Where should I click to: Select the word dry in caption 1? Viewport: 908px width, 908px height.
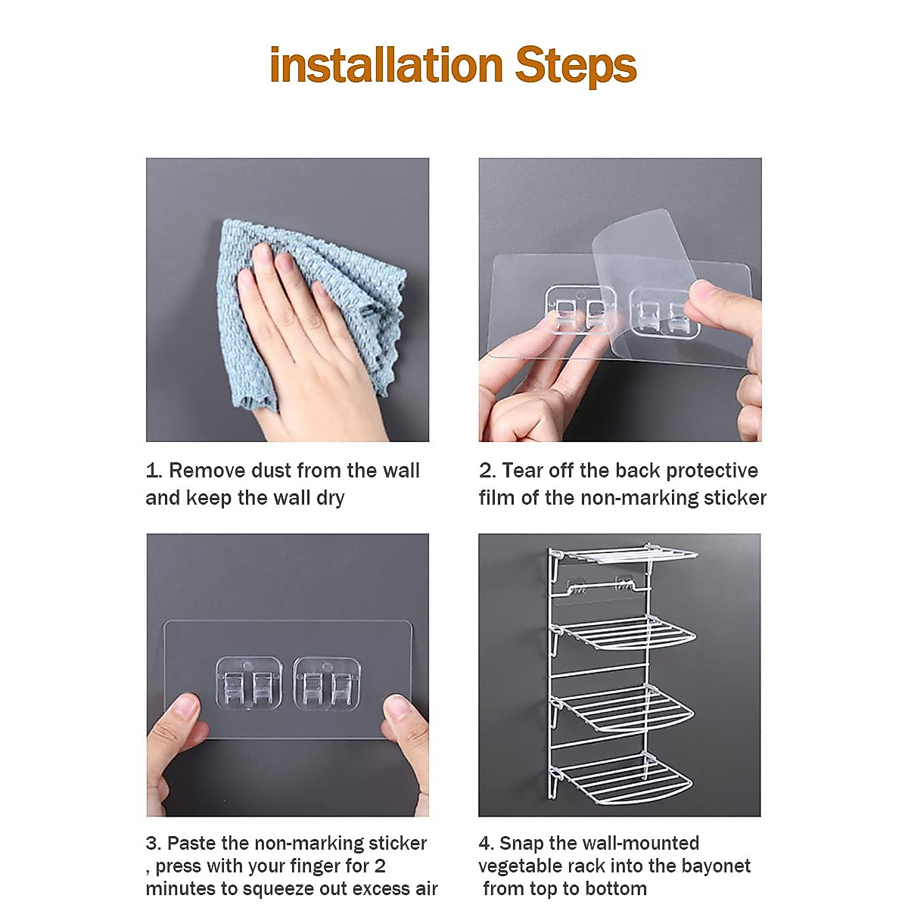330,498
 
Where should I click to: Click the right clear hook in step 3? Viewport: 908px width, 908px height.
326,683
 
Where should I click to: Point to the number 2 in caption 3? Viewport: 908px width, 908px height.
380,866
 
